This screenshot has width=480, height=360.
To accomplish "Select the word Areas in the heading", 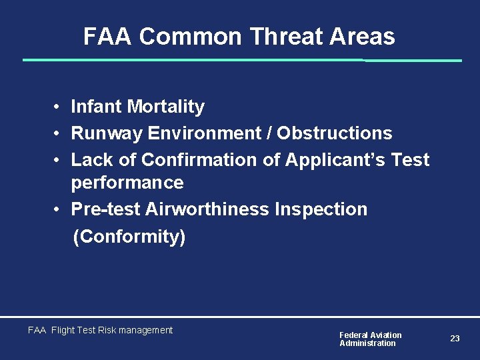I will click(x=366, y=37).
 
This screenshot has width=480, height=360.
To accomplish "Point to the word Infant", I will click(x=97, y=107).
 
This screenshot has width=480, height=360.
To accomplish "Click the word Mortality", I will click(x=166, y=107).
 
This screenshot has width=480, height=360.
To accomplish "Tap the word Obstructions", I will click(x=335, y=133).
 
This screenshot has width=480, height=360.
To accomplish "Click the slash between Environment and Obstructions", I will click(x=269, y=133).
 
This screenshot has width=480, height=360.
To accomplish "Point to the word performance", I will click(x=127, y=183).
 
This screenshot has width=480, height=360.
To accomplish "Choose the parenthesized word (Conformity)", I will click(x=129, y=237).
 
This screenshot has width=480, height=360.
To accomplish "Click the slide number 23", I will click(x=455, y=339).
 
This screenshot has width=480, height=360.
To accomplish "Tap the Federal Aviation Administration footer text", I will click(x=371, y=339).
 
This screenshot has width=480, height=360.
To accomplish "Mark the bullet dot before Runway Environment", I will click(x=59, y=134).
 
